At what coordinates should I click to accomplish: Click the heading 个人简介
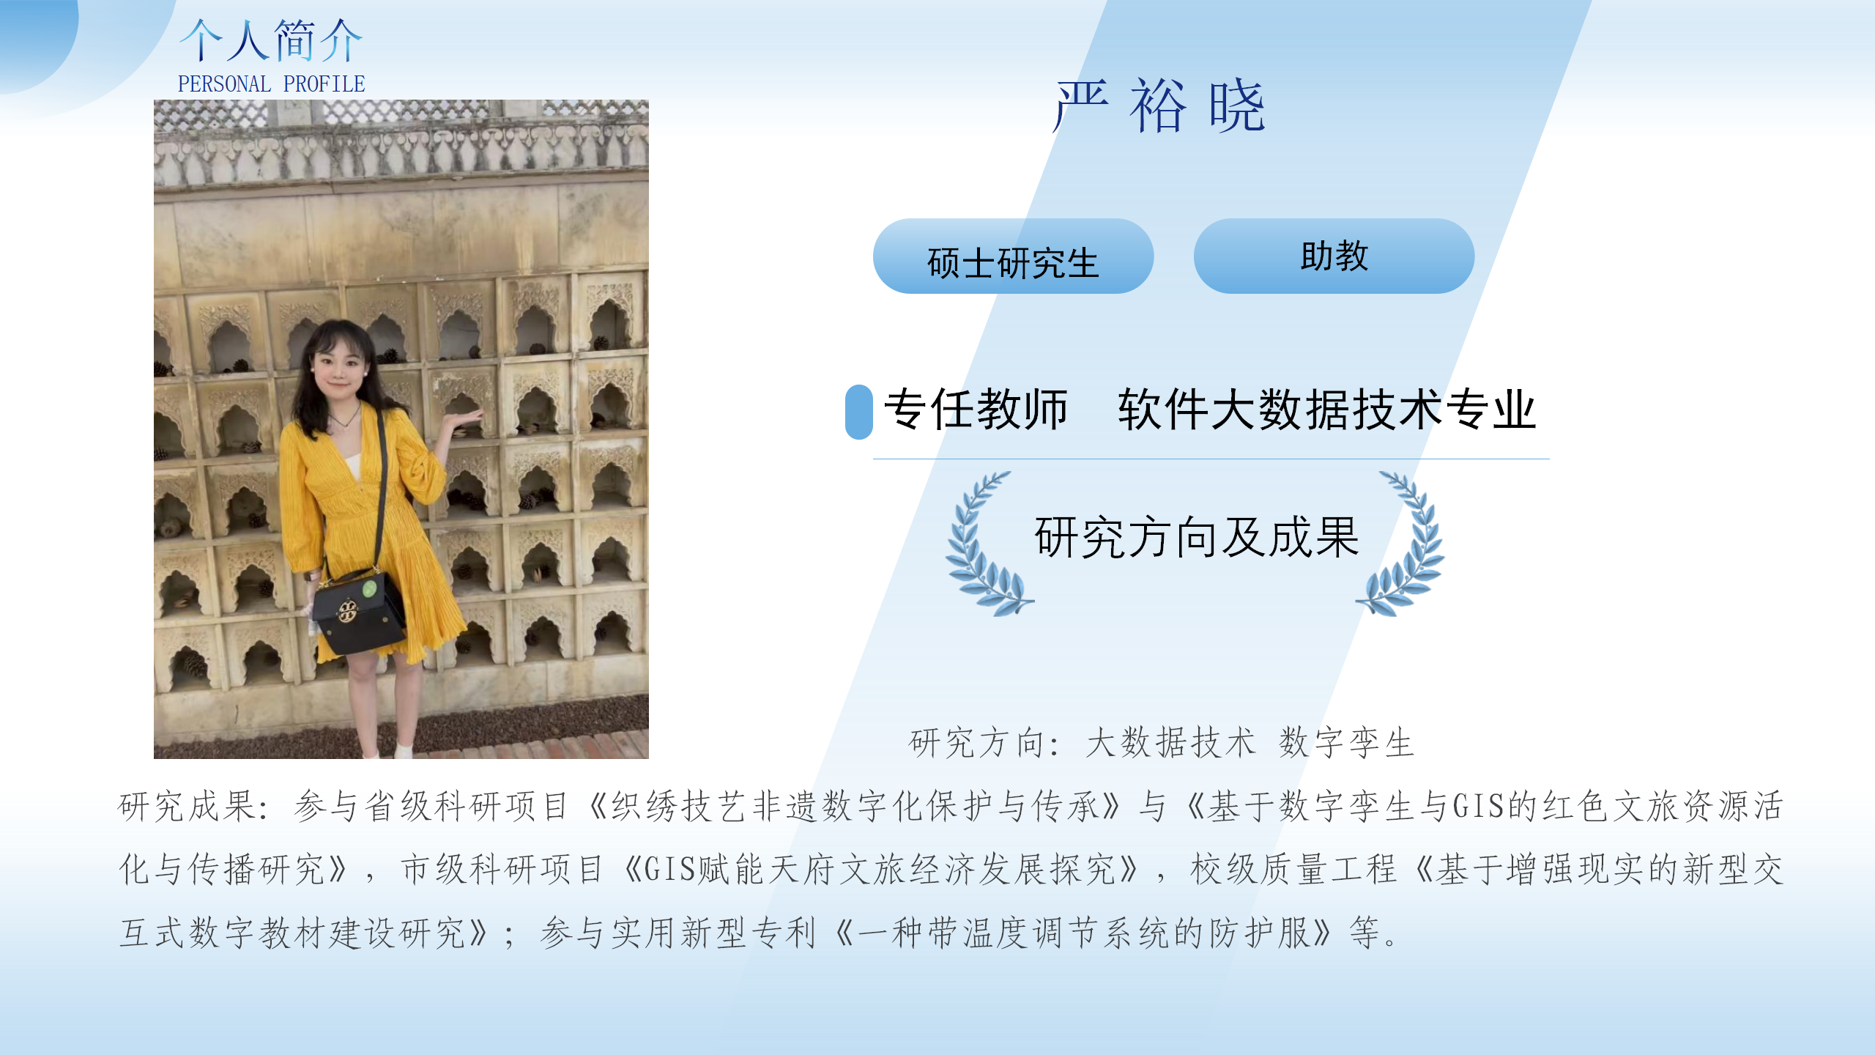(x=271, y=40)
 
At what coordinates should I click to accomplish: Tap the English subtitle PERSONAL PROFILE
(x=271, y=84)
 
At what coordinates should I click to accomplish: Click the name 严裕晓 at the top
(x=1159, y=107)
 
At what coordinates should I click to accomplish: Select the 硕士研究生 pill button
(x=1013, y=256)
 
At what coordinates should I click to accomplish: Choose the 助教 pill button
(x=1334, y=256)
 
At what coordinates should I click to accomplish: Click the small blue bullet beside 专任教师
(x=858, y=412)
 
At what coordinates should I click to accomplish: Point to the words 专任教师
(x=976, y=409)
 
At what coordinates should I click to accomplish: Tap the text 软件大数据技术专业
(x=1326, y=409)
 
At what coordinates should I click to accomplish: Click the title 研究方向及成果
(x=1196, y=537)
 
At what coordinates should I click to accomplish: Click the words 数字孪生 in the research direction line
(x=1346, y=743)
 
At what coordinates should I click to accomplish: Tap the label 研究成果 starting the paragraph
(x=187, y=807)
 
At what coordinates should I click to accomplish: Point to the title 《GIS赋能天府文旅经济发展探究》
(x=883, y=870)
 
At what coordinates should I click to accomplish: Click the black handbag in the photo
(x=359, y=612)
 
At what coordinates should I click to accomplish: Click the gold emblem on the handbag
(x=347, y=610)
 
